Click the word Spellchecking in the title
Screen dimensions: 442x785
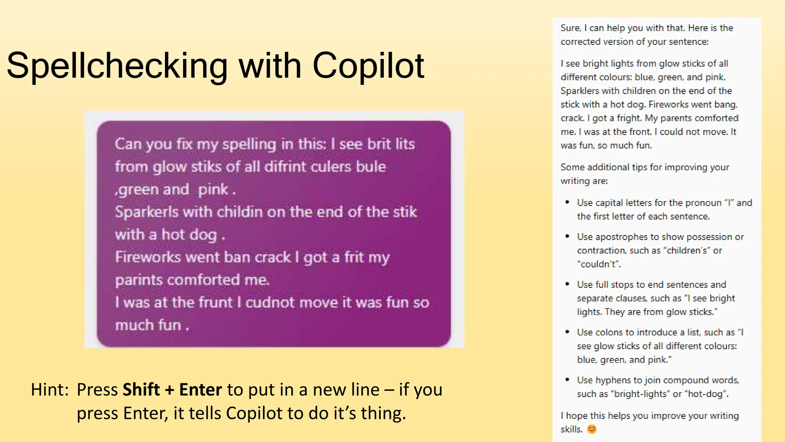click(x=117, y=66)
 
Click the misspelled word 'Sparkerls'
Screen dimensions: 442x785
click(x=146, y=212)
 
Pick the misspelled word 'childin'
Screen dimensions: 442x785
click(x=240, y=212)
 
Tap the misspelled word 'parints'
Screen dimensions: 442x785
click(x=139, y=280)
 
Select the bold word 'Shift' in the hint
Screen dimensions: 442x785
click(x=141, y=390)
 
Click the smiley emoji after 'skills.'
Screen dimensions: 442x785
click(x=592, y=429)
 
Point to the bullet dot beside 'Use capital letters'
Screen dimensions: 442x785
click(x=567, y=202)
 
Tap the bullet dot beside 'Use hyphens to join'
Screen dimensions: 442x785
click(x=567, y=379)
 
